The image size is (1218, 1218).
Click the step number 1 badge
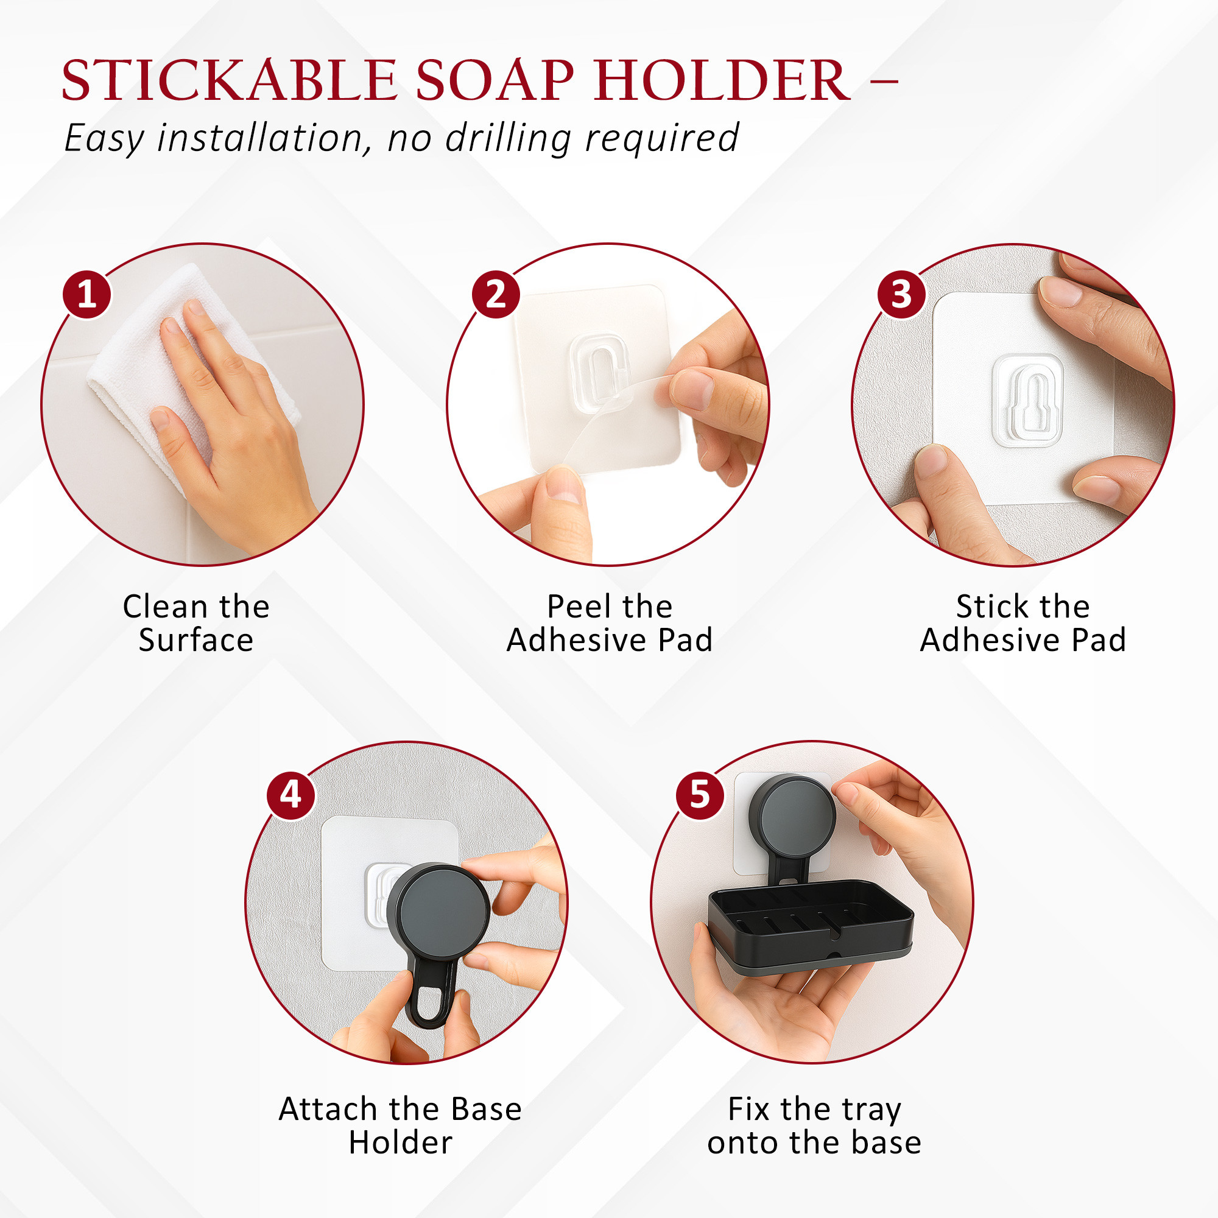coord(86,294)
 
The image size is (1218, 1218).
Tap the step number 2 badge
coord(496,294)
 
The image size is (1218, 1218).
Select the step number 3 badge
coord(901,294)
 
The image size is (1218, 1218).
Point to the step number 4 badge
coord(290,795)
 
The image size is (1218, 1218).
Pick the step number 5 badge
coord(700,795)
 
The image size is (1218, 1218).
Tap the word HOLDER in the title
coord(722,81)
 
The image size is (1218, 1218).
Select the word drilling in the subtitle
coord(507,138)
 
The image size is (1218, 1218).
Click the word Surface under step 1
coord(196,641)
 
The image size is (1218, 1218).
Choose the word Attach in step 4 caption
coord(327,1109)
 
